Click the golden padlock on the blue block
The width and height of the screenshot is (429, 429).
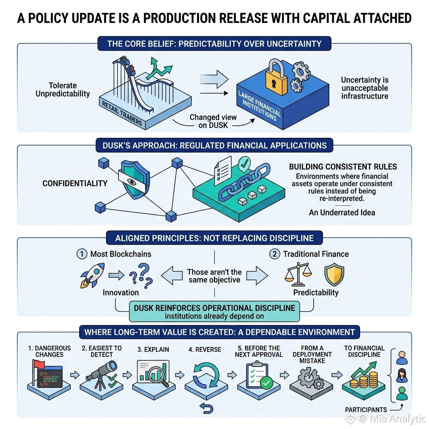point(277,78)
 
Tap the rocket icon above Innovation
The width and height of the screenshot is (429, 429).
point(93,275)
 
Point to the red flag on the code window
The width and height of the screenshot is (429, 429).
point(38,365)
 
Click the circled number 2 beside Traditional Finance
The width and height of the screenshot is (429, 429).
point(275,254)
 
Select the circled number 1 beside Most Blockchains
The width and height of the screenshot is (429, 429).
point(82,254)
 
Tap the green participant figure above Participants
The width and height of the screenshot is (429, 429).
point(402,393)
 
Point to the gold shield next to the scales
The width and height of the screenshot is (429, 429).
point(334,274)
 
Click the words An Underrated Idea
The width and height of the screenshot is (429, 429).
point(342,212)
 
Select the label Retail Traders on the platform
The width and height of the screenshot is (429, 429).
point(122,114)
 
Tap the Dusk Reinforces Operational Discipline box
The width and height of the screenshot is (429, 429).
point(214,312)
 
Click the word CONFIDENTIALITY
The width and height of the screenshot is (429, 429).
point(75,183)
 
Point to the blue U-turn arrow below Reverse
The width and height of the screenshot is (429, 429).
point(207,408)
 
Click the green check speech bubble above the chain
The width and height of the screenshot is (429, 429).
point(244,164)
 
